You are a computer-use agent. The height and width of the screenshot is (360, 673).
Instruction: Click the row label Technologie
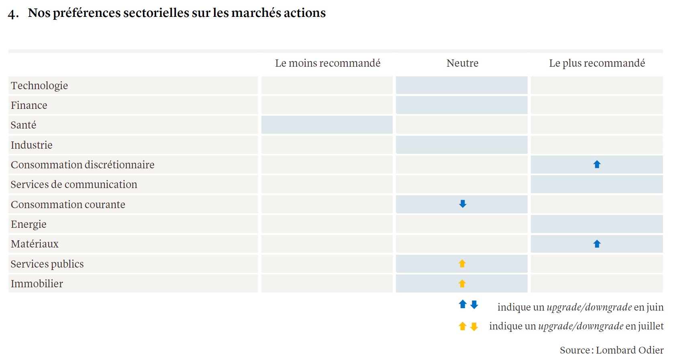39,86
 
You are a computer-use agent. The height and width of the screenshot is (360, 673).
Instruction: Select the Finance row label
29,105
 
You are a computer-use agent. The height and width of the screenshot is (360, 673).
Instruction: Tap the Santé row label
23,125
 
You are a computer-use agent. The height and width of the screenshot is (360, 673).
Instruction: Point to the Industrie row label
32,145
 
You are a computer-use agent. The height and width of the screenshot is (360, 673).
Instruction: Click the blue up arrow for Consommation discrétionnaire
597,164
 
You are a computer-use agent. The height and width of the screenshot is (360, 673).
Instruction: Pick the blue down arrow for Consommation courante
463,204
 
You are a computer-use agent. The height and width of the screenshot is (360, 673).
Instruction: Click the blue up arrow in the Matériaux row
597,244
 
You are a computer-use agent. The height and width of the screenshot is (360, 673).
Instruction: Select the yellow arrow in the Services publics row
462,264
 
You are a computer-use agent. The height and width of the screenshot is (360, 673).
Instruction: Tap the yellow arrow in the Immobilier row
462,284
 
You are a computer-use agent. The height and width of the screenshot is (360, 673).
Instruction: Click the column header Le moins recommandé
328,63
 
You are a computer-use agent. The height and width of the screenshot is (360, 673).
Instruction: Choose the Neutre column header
462,63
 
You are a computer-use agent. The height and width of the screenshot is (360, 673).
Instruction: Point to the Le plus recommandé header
597,63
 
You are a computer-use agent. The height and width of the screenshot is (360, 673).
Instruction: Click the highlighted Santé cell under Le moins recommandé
327,125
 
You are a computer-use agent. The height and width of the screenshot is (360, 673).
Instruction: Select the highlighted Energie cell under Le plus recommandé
597,224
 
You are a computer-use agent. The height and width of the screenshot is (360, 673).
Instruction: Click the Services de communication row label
74,184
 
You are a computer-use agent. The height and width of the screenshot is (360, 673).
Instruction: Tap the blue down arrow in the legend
474,305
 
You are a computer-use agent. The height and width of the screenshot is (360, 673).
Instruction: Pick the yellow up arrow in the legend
463,326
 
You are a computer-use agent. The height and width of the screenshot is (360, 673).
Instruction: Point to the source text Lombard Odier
630,350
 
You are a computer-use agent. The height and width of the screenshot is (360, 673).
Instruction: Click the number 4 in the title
12,14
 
